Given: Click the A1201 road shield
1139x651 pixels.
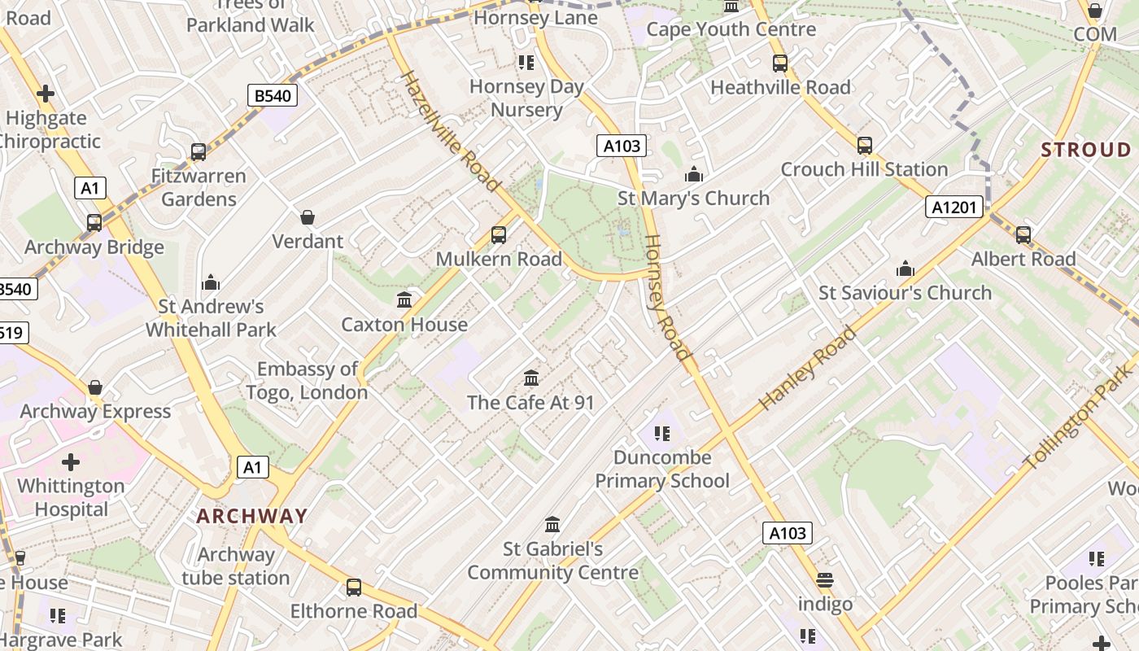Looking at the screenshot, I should (x=954, y=208).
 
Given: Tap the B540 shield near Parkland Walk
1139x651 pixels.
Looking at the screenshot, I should (x=273, y=96).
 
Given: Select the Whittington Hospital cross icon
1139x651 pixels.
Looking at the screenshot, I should (x=71, y=462).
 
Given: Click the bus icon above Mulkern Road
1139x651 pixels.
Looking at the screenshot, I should (x=499, y=235).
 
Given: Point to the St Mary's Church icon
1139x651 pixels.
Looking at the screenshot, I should (x=693, y=174).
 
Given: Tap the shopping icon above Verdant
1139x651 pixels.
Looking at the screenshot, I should (x=308, y=217).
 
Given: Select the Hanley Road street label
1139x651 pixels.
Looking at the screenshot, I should (x=807, y=368).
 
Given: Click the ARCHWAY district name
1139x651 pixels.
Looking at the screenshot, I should (x=252, y=516).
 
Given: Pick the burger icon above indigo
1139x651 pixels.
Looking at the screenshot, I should (x=825, y=580).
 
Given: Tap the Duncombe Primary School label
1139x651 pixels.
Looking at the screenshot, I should (x=662, y=469).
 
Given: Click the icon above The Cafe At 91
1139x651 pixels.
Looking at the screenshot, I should (x=531, y=378).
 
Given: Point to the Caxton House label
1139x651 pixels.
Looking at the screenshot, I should (x=404, y=325).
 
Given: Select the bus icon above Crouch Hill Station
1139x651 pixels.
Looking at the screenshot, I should (x=864, y=146).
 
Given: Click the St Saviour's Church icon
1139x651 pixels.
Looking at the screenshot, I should (x=905, y=269).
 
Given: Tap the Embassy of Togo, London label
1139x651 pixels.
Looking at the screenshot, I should (x=308, y=381).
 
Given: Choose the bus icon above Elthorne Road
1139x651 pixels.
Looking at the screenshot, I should (x=354, y=587).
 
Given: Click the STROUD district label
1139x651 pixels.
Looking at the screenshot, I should (x=1086, y=150).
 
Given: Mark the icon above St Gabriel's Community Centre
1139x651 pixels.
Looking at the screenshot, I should (x=552, y=525).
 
